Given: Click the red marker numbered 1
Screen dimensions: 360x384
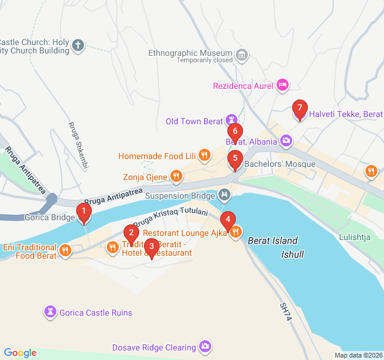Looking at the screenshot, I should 84,212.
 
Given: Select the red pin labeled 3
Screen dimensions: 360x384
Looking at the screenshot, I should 152,246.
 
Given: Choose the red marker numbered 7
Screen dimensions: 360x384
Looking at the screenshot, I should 299,109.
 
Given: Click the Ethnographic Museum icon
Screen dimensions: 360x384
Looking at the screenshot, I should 242,56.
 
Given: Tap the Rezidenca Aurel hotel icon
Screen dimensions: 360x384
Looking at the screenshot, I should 282,86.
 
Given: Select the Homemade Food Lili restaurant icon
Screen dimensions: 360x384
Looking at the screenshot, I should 205,155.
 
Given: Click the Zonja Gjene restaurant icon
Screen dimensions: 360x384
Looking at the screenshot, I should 176,176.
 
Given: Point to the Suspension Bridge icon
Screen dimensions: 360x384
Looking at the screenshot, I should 224,195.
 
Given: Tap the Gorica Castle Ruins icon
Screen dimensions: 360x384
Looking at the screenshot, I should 50,313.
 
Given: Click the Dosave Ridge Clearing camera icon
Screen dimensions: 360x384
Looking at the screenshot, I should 205,347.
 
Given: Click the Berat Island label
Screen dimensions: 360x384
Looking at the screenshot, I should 272,241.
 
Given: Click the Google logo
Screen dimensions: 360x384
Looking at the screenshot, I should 20,353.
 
